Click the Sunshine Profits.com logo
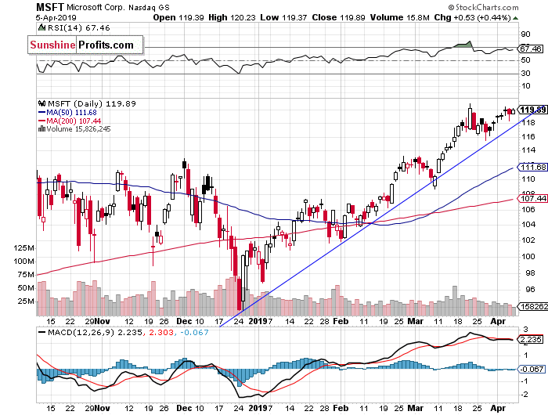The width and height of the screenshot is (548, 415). click(x=82, y=45)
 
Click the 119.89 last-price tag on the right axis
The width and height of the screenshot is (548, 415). click(x=532, y=109)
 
